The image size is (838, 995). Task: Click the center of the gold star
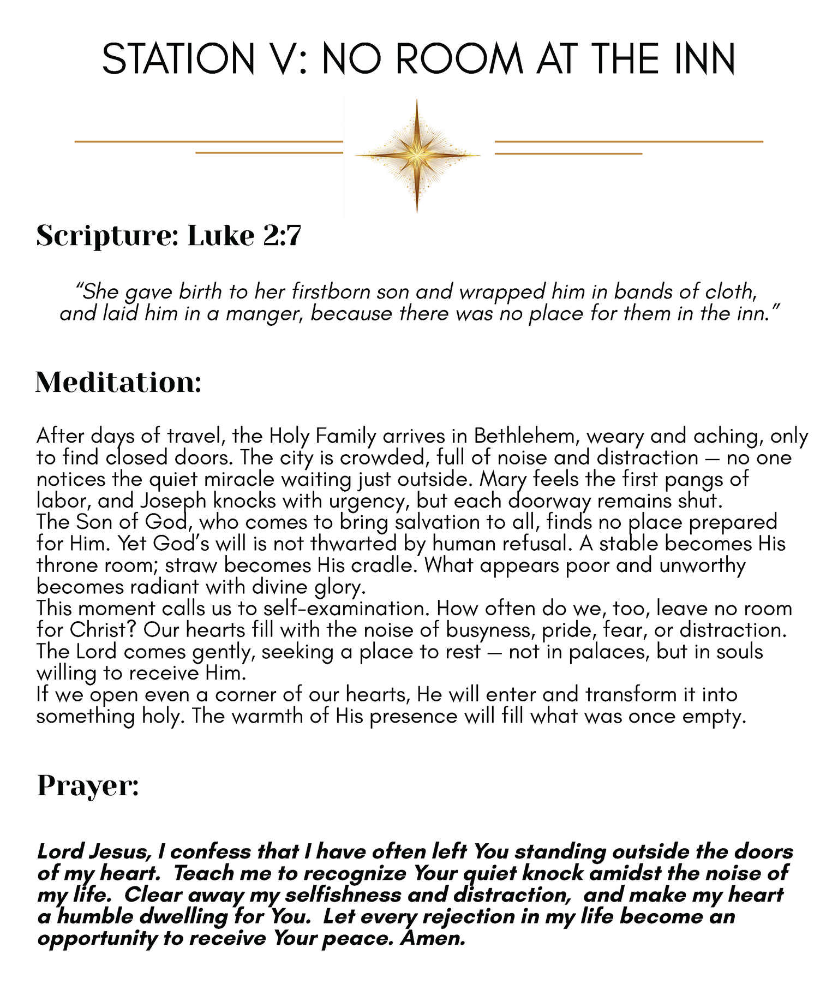point(417,156)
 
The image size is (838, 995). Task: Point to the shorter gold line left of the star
point(269,153)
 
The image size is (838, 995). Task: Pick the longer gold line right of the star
point(628,141)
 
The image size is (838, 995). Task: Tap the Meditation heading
point(118,383)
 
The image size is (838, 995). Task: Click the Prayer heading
point(88,786)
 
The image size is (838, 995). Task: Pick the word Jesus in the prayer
point(121,852)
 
